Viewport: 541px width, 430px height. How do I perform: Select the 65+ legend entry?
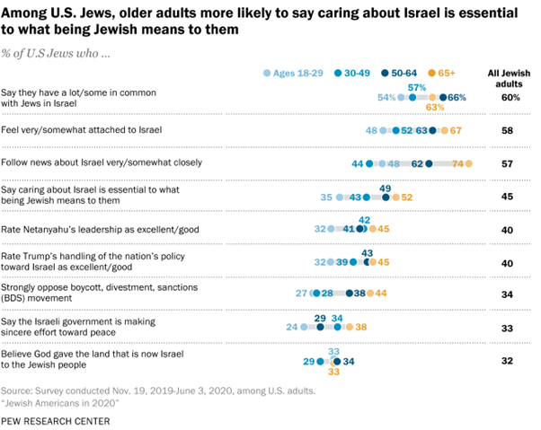point(446,73)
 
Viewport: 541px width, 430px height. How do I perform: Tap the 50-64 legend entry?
point(399,73)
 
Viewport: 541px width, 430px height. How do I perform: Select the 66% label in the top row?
point(457,97)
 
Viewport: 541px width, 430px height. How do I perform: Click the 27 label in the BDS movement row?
point(303,294)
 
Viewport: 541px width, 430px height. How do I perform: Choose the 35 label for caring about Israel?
point(325,197)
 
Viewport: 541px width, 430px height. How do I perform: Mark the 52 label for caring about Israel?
point(407,197)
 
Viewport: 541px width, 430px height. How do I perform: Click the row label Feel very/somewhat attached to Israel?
point(82,130)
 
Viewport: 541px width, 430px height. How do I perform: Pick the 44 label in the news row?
point(357,163)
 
